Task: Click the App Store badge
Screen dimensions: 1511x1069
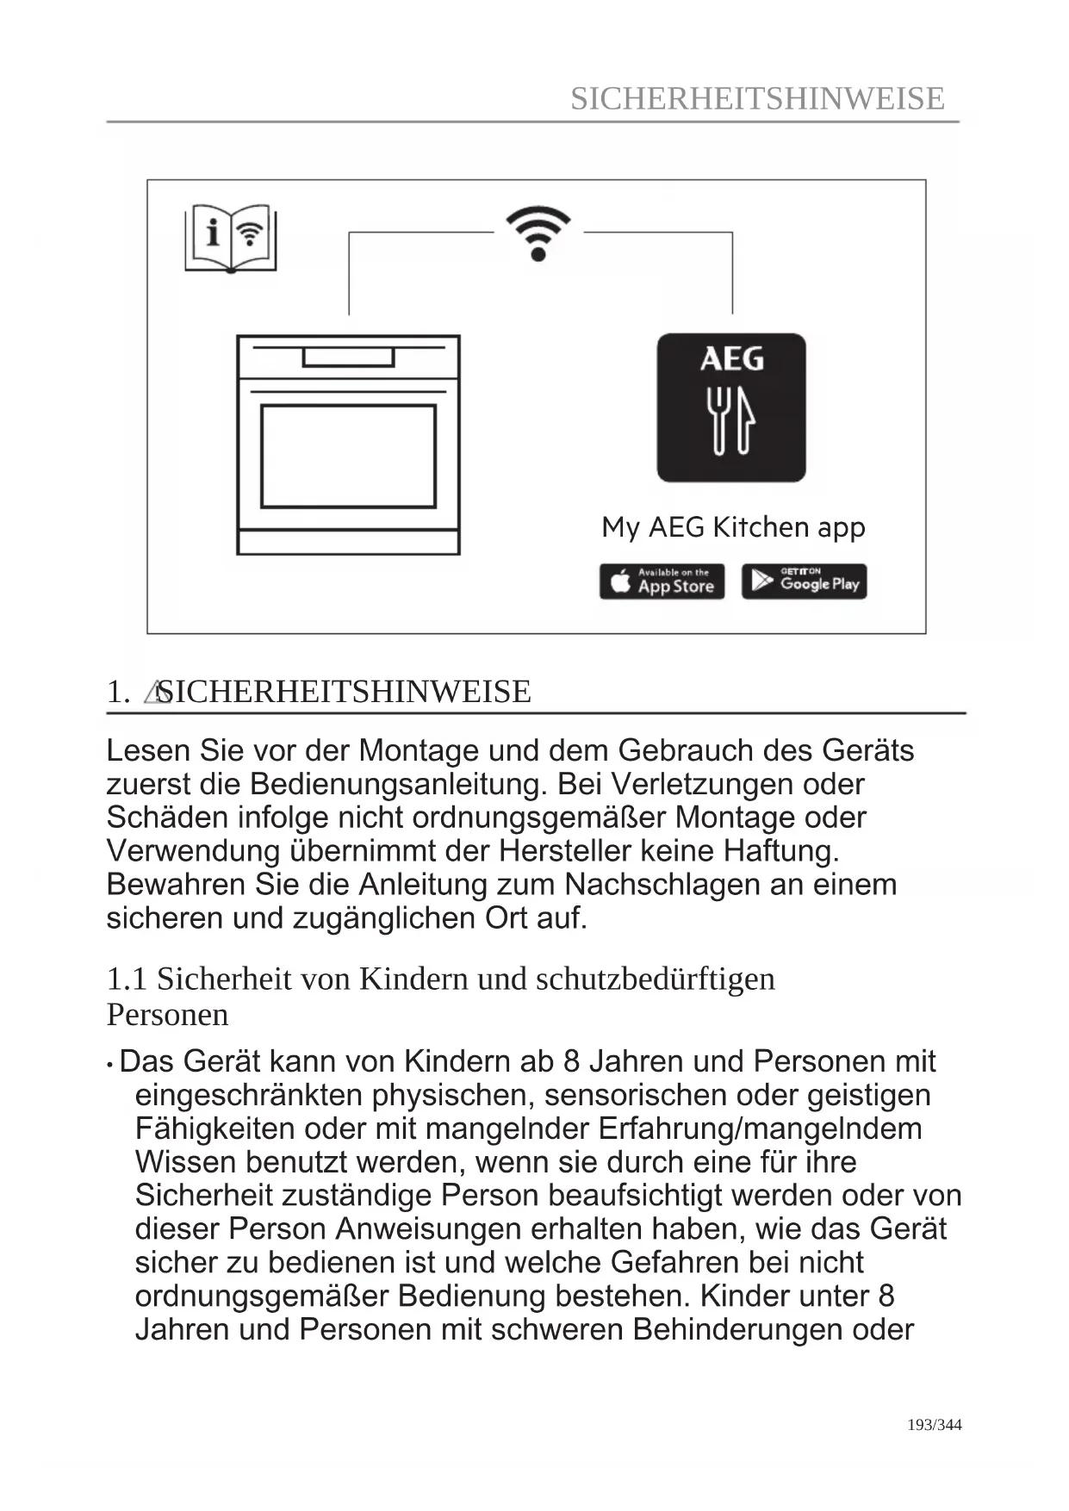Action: pyautogui.click(x=662, y=581)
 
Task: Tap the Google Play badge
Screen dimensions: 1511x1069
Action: pyautogui.click(x=804, y=581)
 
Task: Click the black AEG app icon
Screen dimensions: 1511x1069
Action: pyautogui.click(x=731, y=407)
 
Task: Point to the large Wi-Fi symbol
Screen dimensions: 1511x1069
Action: pyautogui.click(x=538, y=233)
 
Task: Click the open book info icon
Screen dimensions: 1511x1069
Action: pyautogui.click(x=231, y=238)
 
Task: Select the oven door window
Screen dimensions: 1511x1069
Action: pyautogui.click(x=348, y=456)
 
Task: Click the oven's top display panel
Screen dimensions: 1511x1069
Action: pyautogui.click(x=348, y=356)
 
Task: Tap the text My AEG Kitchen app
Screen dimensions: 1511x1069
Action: pyautogui.click(x=733, y=526)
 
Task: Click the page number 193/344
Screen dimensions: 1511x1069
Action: pyautogui.click(x=935, y=1425)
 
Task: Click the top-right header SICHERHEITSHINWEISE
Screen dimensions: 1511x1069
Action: pyautogui.click(x=757, y=98)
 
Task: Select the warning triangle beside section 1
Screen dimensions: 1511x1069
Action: pyautogui.click(x=155, y=693)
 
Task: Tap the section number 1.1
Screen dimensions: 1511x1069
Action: pyautogui.click(x=127, y=979)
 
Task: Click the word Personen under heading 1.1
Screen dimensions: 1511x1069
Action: pyautogui.click(x=167, y=1015)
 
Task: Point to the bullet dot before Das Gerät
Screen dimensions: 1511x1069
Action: pyautogui.click(x=110, y=1065)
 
